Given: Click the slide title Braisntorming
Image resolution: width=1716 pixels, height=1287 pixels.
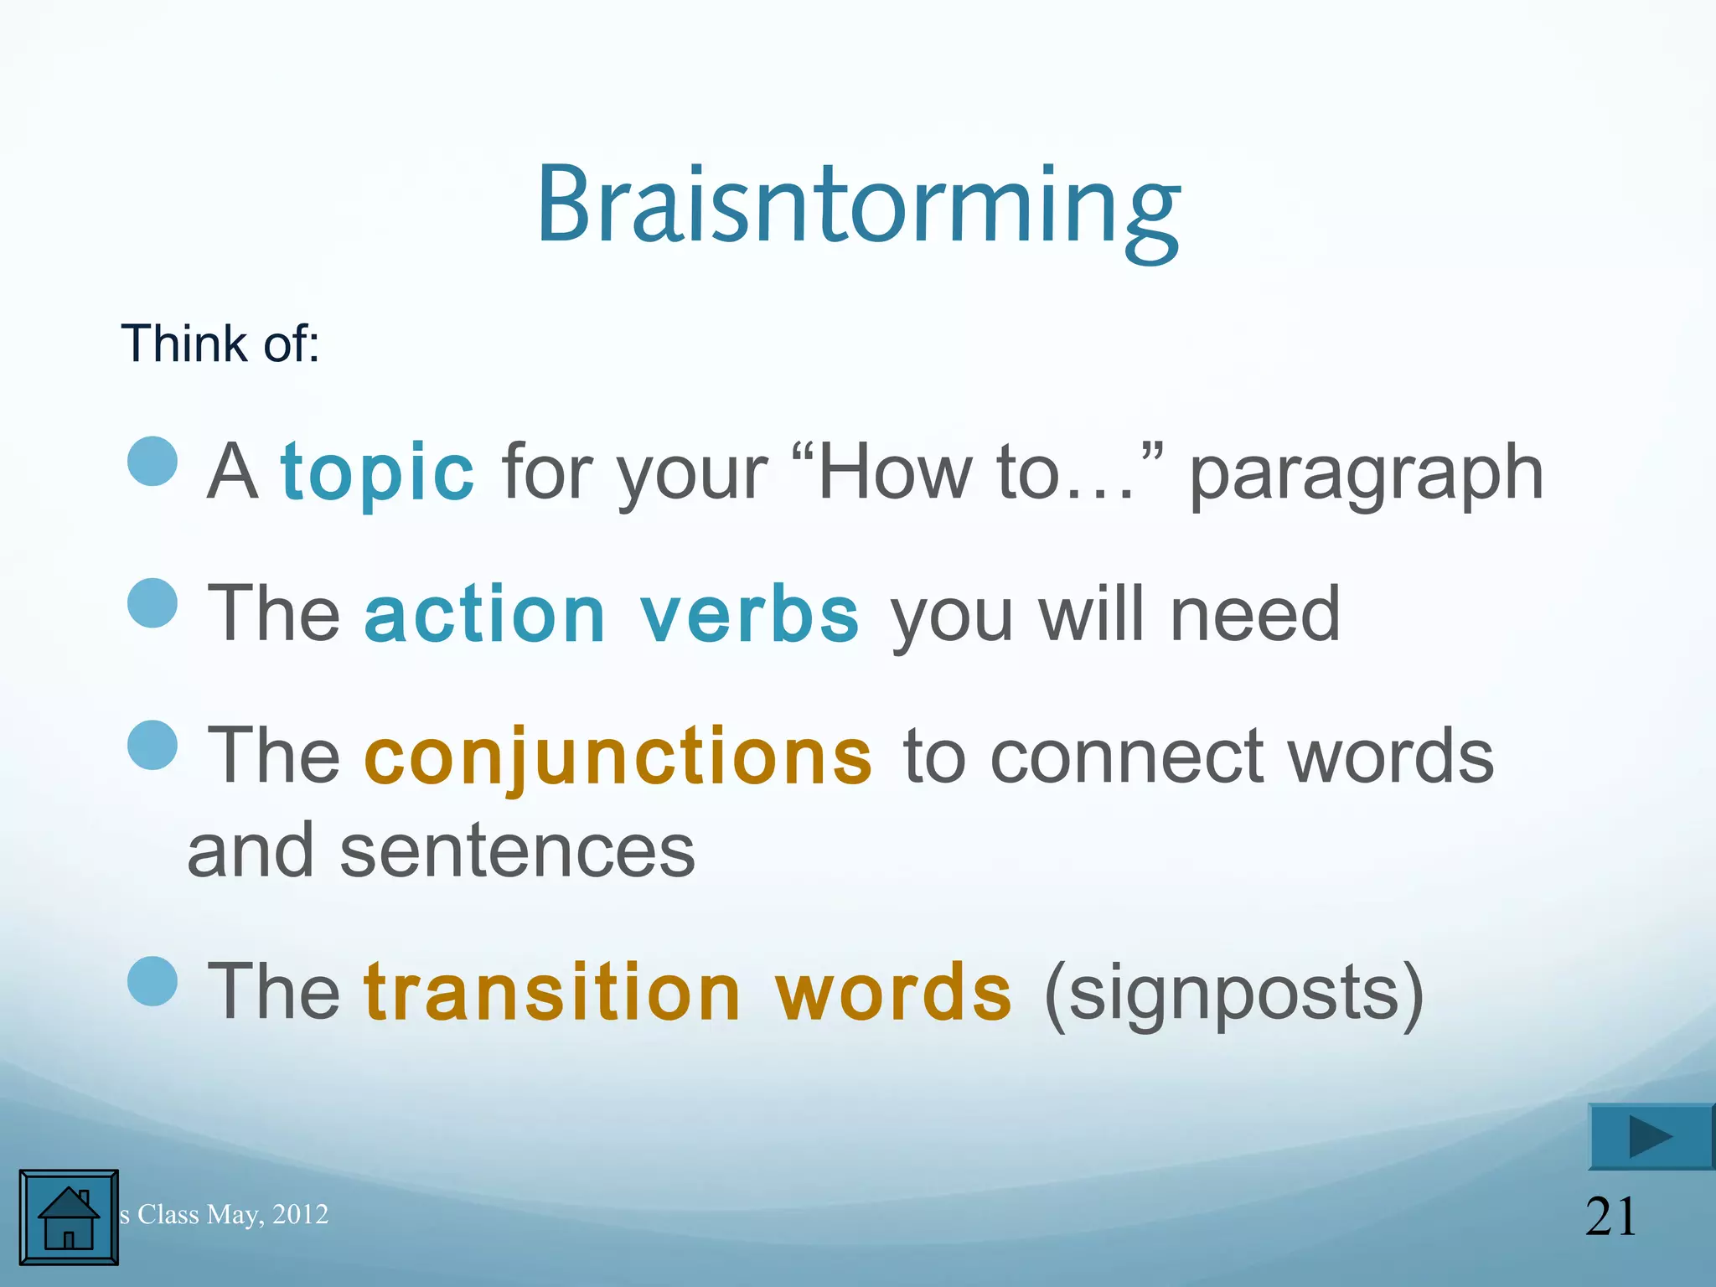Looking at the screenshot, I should pos(858,205).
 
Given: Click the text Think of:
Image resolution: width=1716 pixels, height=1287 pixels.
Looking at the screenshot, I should pos(220,344).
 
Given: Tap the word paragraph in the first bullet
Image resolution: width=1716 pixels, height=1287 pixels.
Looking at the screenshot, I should pos(1366,474).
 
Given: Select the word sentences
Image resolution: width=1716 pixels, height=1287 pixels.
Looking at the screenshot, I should pos(517,851).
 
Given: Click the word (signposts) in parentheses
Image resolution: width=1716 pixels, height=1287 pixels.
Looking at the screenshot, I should pos(1233,994).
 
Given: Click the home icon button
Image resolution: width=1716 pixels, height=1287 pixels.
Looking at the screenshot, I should pos(69,1217).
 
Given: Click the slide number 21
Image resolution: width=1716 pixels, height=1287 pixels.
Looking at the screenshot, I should pos(1610,1217).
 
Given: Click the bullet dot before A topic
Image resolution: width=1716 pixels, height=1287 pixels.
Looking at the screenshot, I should pos(153,461).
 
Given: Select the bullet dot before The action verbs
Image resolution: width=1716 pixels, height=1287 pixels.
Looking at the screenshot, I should pos(153,602).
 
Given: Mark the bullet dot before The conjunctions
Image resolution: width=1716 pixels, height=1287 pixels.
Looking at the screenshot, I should pos(153,745).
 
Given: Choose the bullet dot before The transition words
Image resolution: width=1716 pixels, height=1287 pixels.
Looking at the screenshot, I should pos(153,980).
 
